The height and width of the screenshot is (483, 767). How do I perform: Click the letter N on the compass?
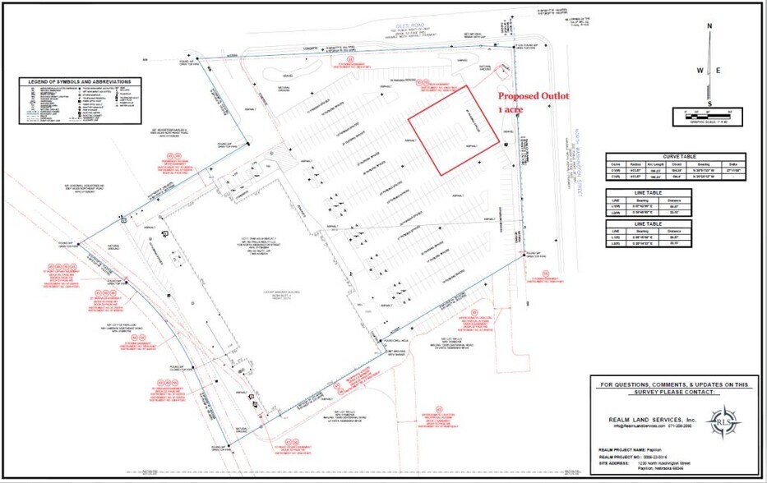tap(709, 25)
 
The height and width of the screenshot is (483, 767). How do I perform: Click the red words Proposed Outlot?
tap(534, 96)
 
